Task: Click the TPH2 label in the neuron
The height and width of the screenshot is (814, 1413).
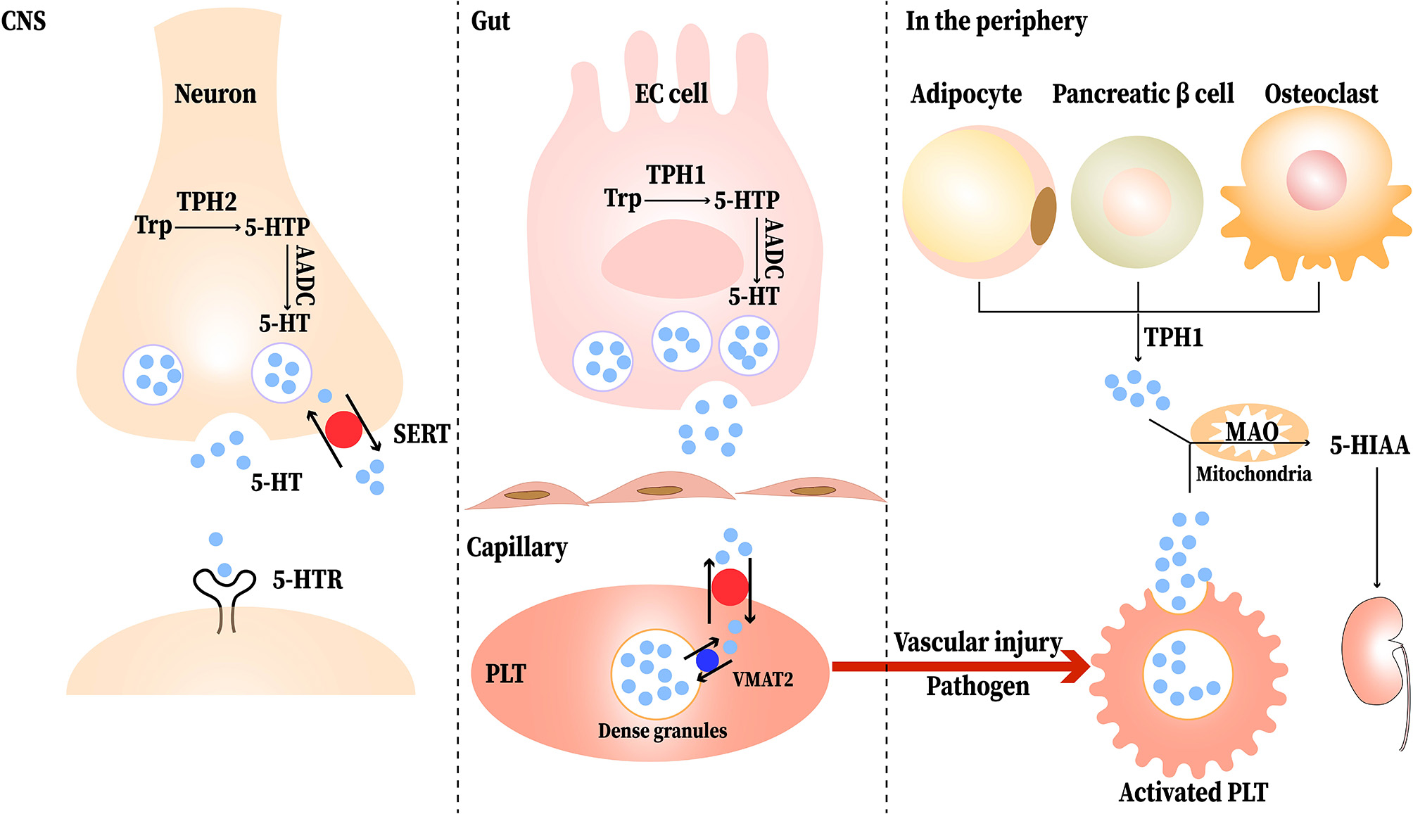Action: point(206,202)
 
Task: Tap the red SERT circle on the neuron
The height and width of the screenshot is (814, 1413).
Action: point(343,429)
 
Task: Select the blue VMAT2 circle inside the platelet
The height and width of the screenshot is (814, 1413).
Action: point(706,660)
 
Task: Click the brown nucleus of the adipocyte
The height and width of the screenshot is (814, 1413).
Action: point(1044,216)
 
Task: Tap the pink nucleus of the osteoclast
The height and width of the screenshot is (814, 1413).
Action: point(1316,180)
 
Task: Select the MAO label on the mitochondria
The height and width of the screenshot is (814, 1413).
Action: point(1252,431)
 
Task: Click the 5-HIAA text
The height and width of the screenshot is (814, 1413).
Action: point(1369,445)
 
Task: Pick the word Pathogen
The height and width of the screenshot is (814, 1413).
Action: point(977,686)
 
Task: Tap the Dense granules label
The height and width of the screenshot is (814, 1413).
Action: point(662,731)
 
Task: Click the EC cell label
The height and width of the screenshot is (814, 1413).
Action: point(671,94)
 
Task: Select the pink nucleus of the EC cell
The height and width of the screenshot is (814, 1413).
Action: point(672,259)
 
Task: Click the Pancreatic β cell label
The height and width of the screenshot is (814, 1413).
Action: point(1143,94)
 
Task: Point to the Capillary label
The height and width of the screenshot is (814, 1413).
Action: point(517,547)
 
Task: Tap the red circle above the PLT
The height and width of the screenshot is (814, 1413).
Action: point(730,587)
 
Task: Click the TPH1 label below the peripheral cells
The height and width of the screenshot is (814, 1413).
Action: point(1173,338)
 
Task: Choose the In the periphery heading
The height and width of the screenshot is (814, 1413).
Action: point(996,21)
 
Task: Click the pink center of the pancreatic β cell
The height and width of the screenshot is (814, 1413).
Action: point(1136,202)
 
